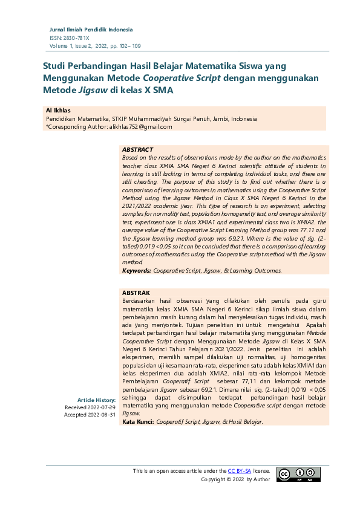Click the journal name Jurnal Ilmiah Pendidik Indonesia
91,30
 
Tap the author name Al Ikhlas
58,111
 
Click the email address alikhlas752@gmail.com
136,127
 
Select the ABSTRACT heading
137,149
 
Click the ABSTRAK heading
136,293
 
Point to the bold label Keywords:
136,271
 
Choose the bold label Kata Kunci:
138,422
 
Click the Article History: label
96,400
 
